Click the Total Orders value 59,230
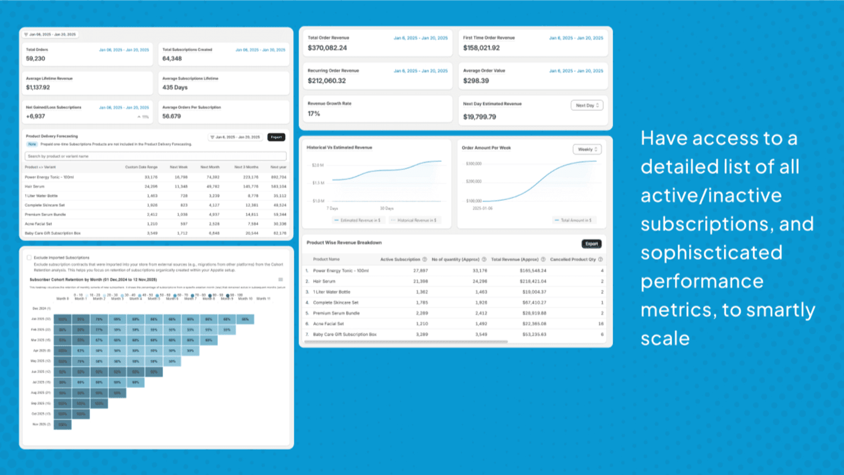35,59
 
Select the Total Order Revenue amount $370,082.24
327,48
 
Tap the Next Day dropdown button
587,106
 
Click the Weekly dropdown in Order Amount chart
587,149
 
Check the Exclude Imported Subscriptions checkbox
29,258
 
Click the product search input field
155,156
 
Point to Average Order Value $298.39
476,81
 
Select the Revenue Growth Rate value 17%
314,113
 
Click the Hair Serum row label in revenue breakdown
324,281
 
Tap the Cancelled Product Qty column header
573,259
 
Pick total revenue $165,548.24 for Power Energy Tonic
533,271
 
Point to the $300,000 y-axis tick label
474,164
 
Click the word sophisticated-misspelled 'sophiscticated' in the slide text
711,253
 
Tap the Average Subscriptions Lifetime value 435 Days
175,88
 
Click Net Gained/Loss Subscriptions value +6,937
35,116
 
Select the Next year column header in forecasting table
278,167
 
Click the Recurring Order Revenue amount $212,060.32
327,81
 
